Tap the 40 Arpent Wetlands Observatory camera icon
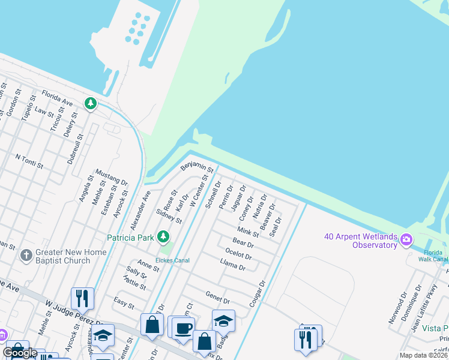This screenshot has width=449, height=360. pos(406,240)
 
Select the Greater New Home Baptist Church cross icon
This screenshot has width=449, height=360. pos(25,256)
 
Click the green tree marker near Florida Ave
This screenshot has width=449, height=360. pos(91,104)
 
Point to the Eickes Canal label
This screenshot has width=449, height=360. pos(172,260)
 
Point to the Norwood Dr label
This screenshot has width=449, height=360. pos(397,308)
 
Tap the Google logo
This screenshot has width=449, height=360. pos(20,353)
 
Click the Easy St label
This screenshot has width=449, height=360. pos(124,305)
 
